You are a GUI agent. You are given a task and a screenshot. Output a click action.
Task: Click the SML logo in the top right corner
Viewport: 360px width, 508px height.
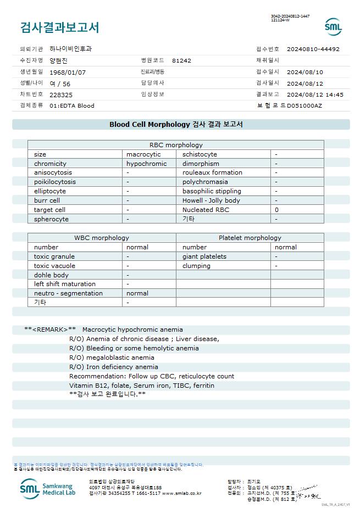[333, 27]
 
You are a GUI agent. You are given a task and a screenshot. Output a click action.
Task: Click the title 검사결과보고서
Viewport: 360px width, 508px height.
[60, 27]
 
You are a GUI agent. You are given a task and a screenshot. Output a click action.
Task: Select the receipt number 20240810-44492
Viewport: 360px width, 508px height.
[313, 49]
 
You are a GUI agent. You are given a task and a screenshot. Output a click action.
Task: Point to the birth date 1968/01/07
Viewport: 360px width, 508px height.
[68, 72]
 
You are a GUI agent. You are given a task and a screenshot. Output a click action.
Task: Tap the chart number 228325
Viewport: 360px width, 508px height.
[61, 94]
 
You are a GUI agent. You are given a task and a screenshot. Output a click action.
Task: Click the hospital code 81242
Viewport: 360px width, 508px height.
[181, 60]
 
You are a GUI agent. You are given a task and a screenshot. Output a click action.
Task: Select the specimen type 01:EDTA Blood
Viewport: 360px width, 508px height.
[71, 105]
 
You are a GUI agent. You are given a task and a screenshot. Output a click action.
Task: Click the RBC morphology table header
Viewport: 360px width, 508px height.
[176, 145]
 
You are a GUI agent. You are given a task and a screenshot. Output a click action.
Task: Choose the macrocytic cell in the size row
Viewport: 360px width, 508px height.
[143, 154]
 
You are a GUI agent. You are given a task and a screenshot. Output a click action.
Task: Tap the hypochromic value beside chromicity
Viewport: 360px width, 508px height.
[146, 164]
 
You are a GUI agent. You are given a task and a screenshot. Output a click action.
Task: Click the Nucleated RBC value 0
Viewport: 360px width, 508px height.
[276, 210]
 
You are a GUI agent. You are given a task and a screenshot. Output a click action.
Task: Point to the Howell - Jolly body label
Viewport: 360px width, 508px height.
[211, 200]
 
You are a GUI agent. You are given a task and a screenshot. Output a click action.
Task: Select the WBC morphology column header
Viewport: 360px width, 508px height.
[102, 238]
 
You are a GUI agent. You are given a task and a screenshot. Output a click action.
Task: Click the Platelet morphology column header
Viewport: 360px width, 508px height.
[250, 238]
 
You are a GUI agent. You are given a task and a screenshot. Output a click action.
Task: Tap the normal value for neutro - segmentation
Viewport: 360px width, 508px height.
[137, 293]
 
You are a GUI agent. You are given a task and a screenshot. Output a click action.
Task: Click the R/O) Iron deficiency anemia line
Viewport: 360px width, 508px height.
[113, 367]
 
